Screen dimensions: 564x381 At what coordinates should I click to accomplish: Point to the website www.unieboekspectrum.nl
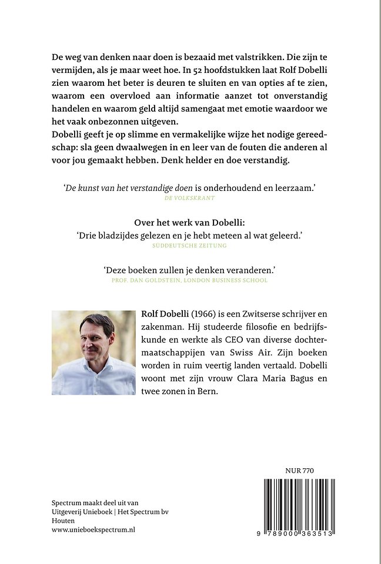pyautogui.click(x=93, y=529)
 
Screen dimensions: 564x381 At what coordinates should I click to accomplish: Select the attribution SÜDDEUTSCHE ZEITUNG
pyautogui.click(x=190, y=246)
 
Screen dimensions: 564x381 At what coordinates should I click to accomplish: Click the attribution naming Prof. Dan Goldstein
pyautogui.click(x=190, y=280)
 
